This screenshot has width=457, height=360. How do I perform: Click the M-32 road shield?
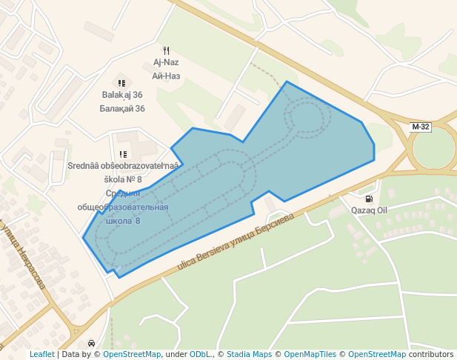[420, 127]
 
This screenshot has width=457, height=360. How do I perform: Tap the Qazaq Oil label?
[369, 210]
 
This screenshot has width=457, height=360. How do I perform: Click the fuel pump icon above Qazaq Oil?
[369, 199]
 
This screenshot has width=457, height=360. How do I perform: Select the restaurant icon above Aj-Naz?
[166, 50]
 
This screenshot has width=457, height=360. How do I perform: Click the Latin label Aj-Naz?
[166, 62]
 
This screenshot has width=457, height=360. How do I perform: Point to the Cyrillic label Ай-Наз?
[166, 76]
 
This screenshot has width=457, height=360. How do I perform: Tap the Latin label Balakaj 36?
[122, 95]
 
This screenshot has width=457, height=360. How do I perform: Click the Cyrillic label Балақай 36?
[122, 108]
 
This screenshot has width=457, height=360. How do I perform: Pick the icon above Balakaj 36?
[122, 83]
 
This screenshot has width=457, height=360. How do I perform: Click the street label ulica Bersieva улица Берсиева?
[236, 242]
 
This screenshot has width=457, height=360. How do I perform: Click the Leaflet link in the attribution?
[41, 354]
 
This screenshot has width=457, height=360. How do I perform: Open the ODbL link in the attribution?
[201, 354]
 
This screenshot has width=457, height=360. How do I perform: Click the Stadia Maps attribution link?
[249, 354]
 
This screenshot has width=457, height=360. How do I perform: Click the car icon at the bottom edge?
[91, 344]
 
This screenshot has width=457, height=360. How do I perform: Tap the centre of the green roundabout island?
[434, 148]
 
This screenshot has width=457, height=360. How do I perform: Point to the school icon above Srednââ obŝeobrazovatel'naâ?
[123, 154]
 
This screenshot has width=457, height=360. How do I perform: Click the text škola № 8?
[123, 179]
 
